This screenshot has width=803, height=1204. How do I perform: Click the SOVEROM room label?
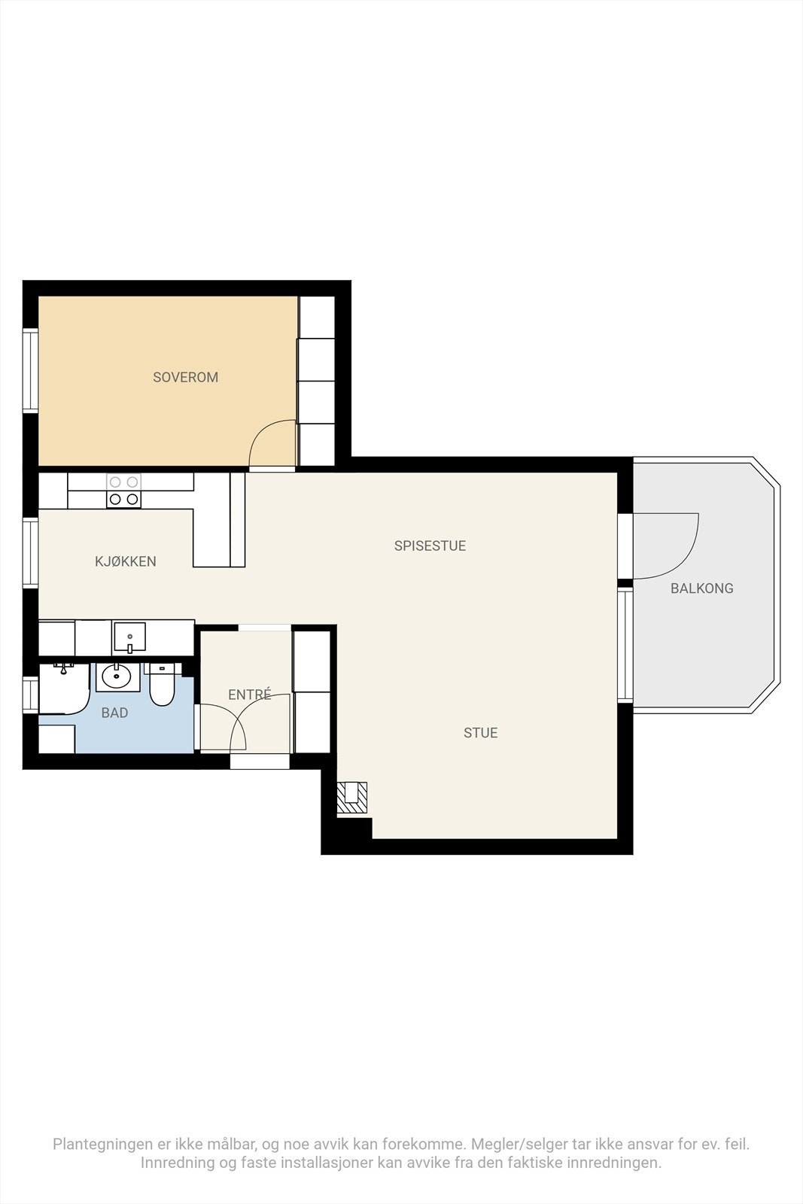[x=185, y=377]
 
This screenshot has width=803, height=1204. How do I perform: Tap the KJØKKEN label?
[x=125, y=561]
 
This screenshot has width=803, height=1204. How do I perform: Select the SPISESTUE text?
[x=430, y=546]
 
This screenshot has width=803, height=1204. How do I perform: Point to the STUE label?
[x=480, y=733]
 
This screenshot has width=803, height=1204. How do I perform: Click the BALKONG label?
[x=702, y=588]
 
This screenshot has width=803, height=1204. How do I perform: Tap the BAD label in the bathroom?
[x=114, y=713]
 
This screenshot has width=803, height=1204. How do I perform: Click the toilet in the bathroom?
[x=161, y=685]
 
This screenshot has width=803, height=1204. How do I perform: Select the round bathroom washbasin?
[x=117, y=676]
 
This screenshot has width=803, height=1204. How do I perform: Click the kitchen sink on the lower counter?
[x=129, y=637]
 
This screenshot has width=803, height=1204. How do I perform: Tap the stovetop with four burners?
[x=123, y=490]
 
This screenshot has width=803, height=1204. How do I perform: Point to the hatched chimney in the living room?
[x=351, y=797]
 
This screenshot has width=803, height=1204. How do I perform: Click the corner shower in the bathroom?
[x=64, y=689]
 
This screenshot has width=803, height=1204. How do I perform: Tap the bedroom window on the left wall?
[x=30, y=372]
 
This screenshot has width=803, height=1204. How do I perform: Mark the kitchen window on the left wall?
[x=30, y=553]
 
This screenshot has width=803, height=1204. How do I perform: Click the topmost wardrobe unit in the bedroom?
[x=317, y=317]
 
